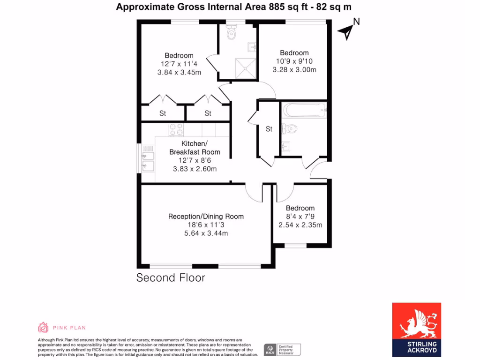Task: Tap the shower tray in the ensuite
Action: (245, 68)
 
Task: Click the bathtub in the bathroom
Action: (304, 111)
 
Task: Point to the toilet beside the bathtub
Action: (289, 128)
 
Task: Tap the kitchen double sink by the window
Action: (148, 160)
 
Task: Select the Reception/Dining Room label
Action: (206, 216)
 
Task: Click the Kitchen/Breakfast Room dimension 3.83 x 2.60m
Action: (195, 169)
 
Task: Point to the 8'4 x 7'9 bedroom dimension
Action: (300, 217)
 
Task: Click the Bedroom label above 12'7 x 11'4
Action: (179, 55)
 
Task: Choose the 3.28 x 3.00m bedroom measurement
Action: (294, 70)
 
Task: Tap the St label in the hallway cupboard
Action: (269, 129)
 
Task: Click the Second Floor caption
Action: (171, 277)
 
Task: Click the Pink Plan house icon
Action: (43, 327)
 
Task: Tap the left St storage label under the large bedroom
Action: (163, 113)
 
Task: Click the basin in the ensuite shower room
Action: (252, 46)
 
